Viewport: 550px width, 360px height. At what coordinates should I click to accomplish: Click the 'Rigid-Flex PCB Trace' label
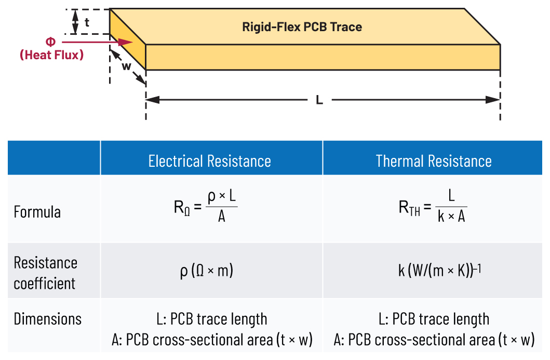pos(302,27)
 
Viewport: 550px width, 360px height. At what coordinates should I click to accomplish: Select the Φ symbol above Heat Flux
pos(50,42)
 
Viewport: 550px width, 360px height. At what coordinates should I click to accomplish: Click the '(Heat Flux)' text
pos(51,55)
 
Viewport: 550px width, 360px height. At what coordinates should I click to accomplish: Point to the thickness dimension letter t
pos(87,22)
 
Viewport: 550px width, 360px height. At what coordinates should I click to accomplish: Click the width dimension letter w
pos(126,66)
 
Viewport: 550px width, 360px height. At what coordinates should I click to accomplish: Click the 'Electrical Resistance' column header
pos(210,161)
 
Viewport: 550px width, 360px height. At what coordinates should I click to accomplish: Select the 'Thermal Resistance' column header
pos(434,161)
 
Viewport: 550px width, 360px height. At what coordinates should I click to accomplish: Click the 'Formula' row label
pos(37,212)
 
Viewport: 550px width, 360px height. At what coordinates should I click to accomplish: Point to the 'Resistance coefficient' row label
pos(45,273)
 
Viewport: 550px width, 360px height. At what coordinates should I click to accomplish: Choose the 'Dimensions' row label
pos(48,318)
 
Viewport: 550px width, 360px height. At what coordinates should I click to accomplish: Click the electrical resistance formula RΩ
pos(206,208)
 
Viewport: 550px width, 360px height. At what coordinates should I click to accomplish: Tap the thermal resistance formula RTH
pos(432,208)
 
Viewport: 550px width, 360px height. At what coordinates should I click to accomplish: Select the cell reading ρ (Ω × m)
pos(207,271)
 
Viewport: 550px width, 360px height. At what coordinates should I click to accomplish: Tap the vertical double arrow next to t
pos(75,22)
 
